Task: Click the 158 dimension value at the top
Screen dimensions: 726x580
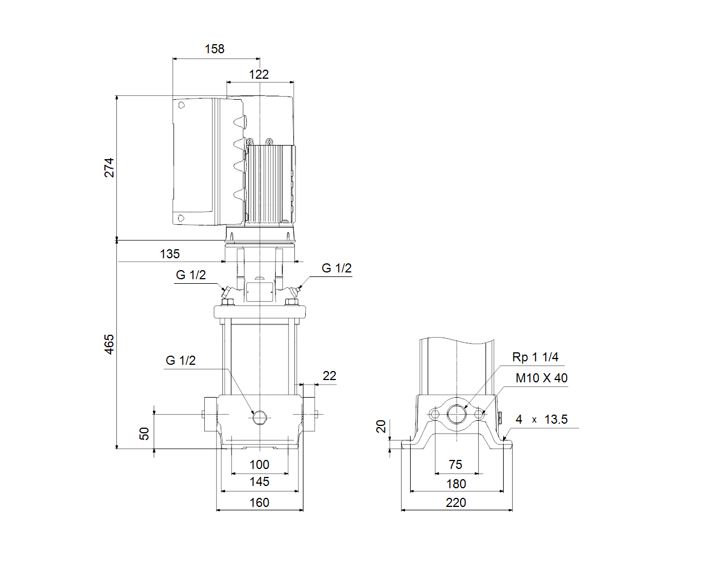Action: (x=214, y=49)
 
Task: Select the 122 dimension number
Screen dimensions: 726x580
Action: (x=259, y=74)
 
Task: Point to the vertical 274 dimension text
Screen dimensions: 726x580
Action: (x=109, y=168)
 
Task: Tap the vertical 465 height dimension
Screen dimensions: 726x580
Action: (x=109, y=344)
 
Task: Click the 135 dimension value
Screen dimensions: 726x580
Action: (x=170, y=254)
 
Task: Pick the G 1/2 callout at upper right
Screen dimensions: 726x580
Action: (x=337, y=268)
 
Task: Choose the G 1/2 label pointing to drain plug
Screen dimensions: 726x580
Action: (x=180, y=361)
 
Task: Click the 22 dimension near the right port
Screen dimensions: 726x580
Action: (x=330, y=376)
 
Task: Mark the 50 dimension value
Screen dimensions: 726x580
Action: (x=144, y=433)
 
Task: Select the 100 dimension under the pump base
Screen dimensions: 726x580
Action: (x=259, y=465)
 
